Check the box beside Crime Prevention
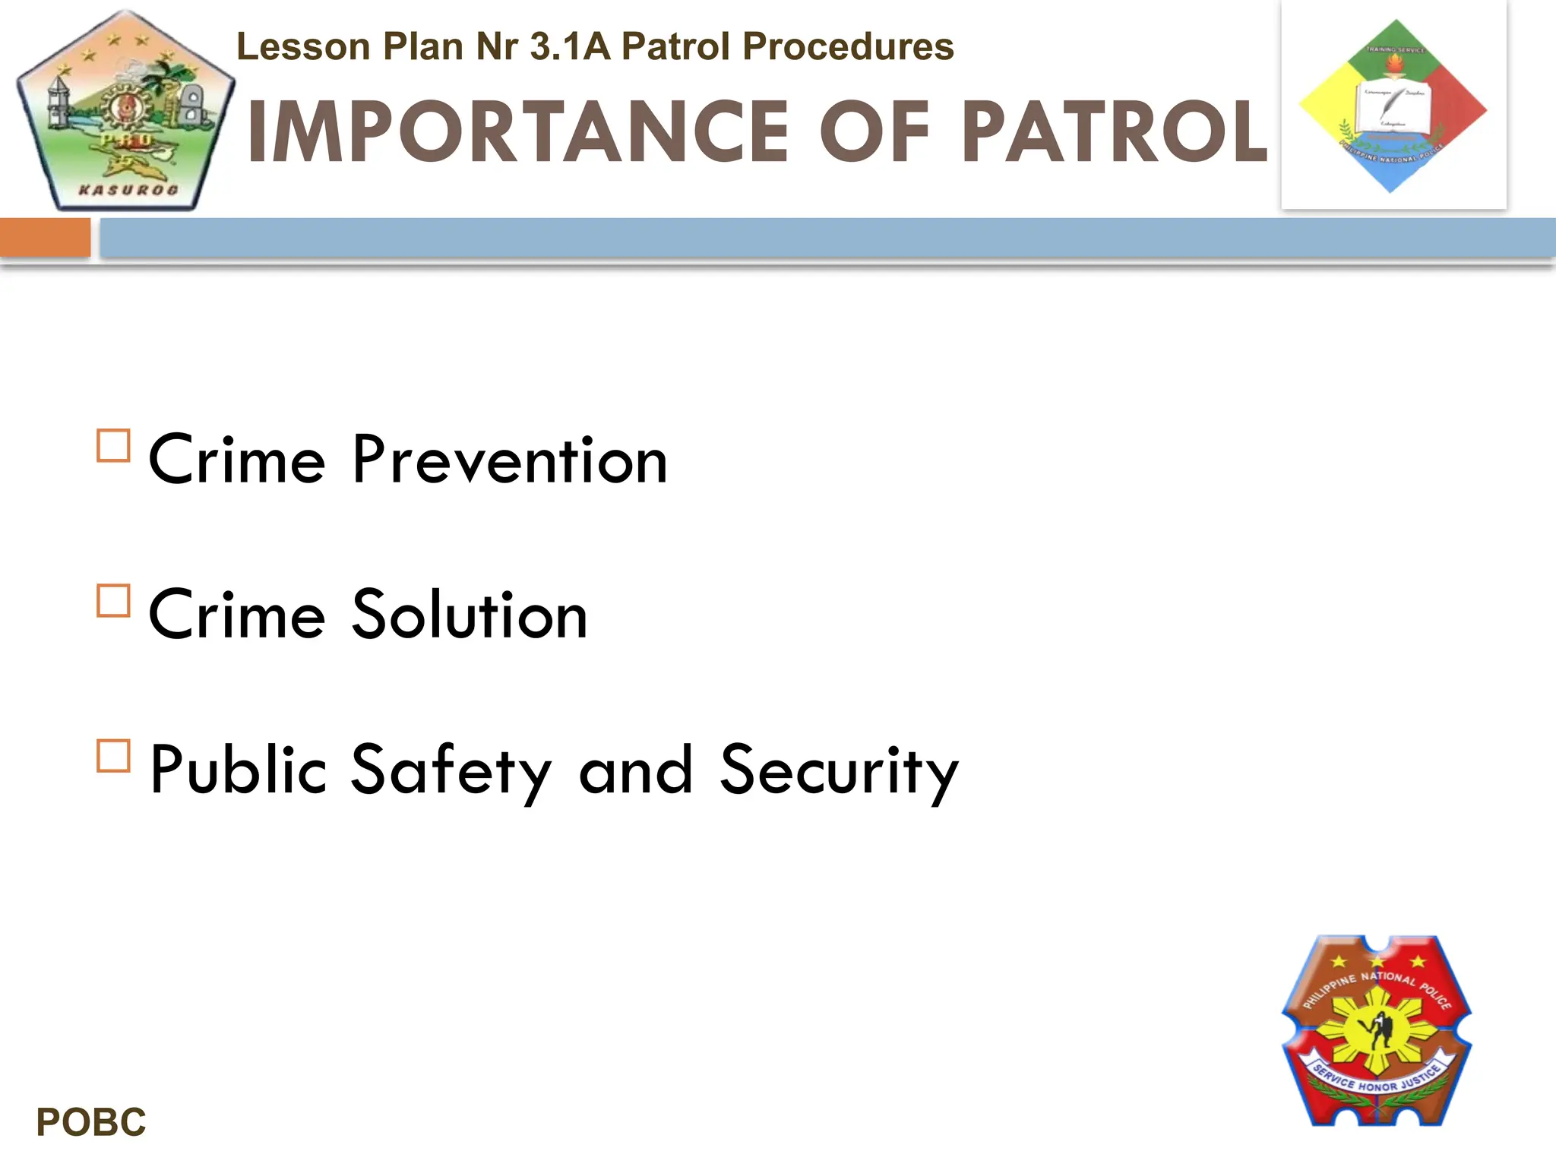(114, 446)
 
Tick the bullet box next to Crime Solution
(114, 600)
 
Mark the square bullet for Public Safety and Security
(114, 756)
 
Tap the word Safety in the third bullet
(451, 770)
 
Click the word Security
(840, 770)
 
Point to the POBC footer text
(91, 1122)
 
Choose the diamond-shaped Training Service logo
(1393, 106)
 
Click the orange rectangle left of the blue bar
(45, 237)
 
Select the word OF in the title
(874, 132)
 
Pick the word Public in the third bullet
(239, 770)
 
